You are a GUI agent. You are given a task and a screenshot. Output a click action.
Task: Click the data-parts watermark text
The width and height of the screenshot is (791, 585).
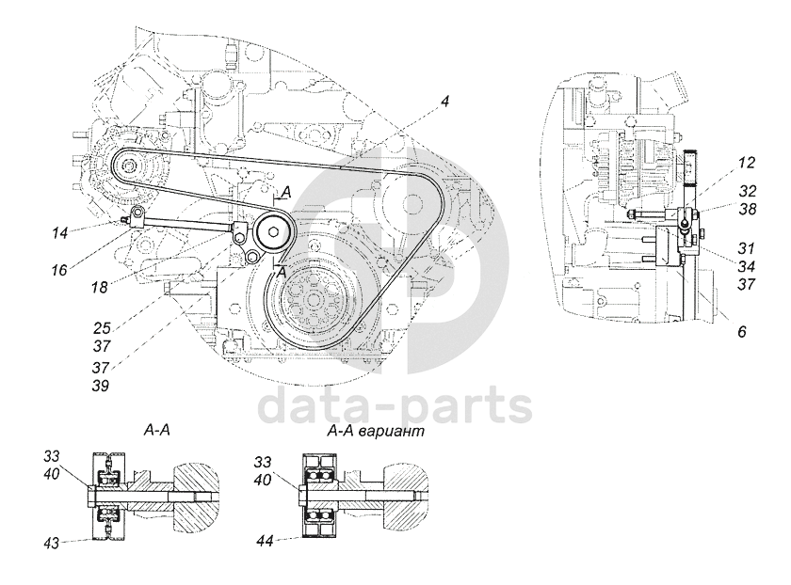[395, 406]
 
